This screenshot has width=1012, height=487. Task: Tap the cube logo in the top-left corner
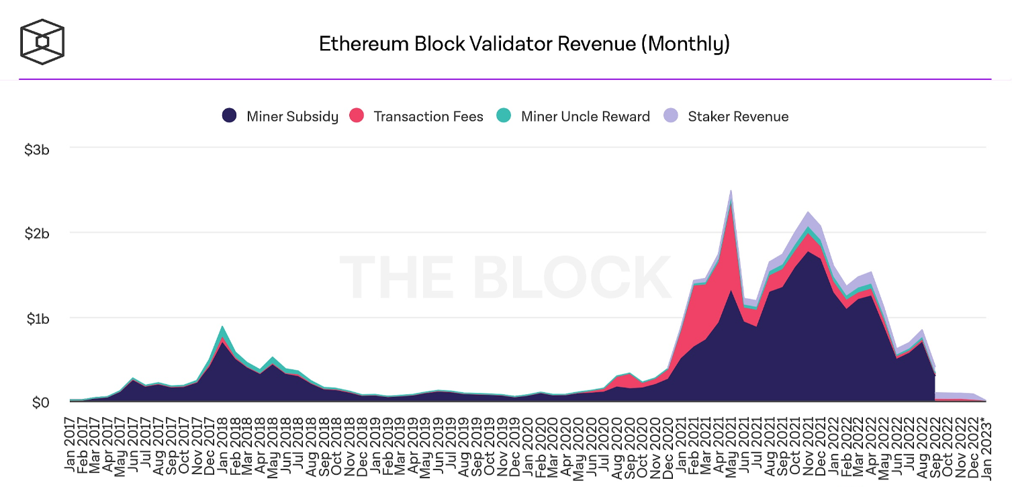point(42,42)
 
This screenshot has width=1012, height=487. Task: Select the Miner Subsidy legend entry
point(280,116)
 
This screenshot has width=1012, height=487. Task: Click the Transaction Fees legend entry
point(416,116)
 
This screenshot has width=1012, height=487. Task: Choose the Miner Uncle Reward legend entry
point(574,116)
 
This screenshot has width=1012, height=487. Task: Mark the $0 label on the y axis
point(40,402)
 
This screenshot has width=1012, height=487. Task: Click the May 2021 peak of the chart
point(731,191)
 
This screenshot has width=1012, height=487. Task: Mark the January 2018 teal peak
point(222,328)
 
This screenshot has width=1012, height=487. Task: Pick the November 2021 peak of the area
point(808,212)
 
